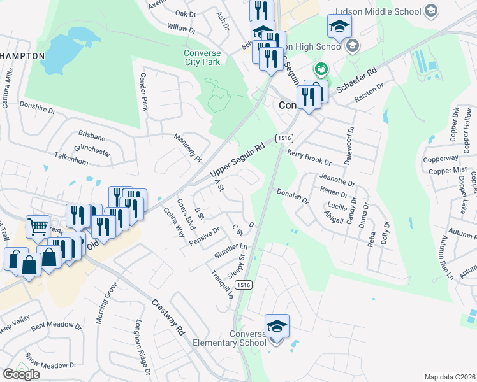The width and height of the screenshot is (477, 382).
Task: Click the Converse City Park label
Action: click(202, 57)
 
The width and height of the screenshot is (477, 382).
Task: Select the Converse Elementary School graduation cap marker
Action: click(277, 327)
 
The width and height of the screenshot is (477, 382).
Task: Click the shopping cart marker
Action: click(38, 227)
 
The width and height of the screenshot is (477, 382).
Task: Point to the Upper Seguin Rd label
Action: click(237, 164)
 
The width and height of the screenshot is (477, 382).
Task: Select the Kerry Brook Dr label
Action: click(309, 158)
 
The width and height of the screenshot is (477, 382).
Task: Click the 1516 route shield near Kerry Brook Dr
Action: click(284, 138)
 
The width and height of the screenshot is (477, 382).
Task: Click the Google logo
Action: click(21, 374)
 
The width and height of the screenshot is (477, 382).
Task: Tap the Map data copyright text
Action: click(450, 377)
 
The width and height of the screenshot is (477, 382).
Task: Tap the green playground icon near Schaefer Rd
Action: click(321, 68)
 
